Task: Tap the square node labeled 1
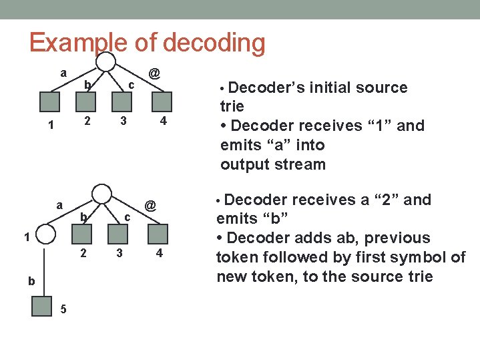point(51,101)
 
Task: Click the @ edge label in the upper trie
point(154,71)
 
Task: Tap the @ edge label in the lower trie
point(151,206)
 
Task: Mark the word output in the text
point(244,164)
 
